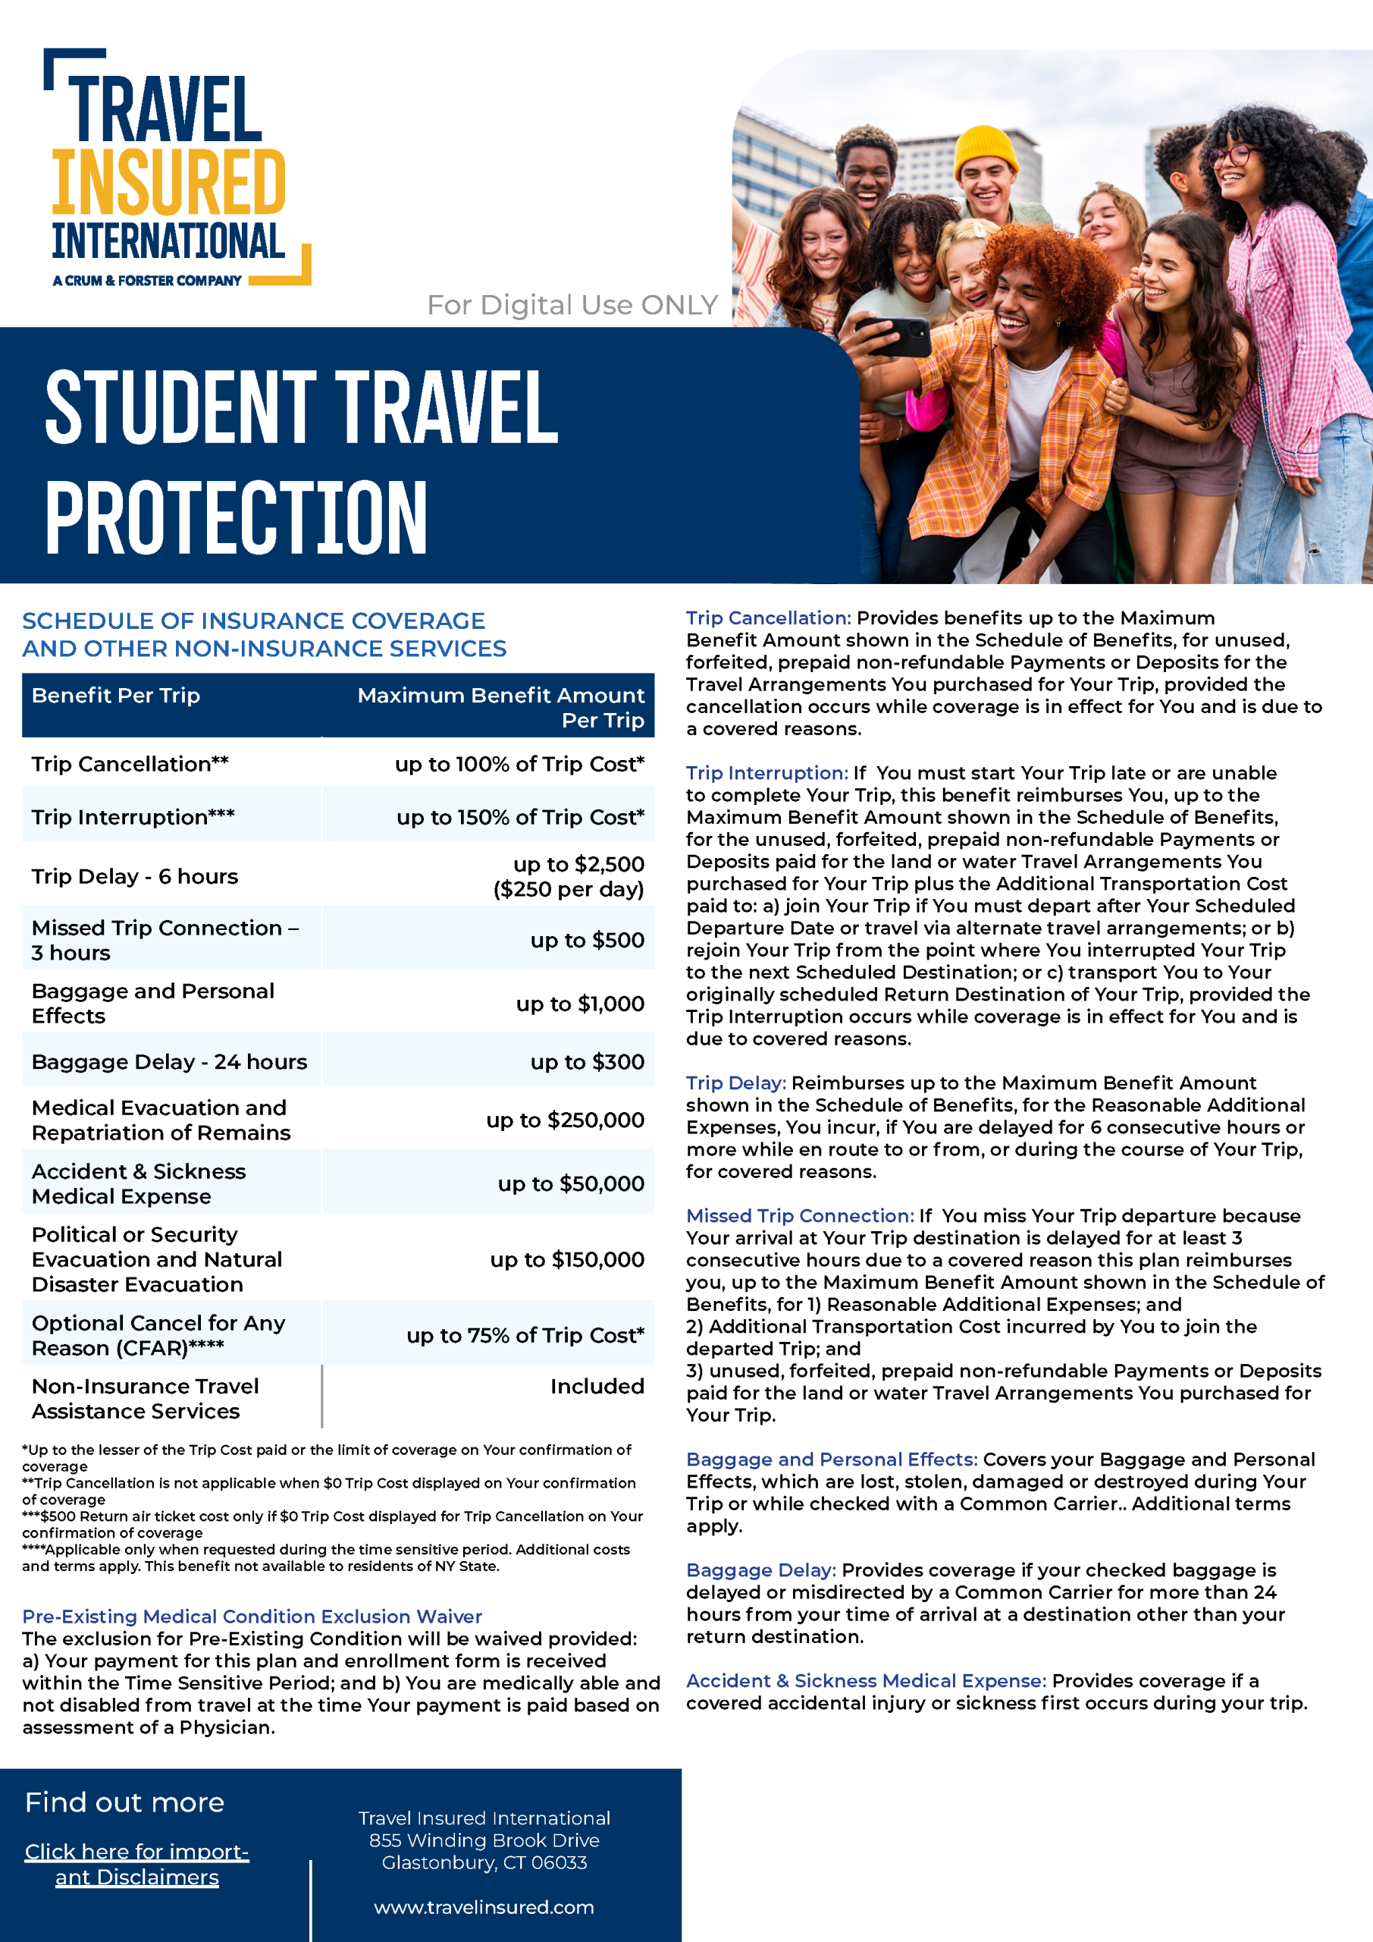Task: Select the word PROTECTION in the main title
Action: [237, 517]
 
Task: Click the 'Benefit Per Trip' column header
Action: [116, 696]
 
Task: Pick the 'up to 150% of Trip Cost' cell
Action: [520, 817]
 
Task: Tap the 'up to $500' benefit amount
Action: [587, 940]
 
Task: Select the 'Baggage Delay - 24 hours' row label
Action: [169, 1061]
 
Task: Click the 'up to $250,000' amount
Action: [565, 1120]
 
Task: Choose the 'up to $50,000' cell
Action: [571, 1183]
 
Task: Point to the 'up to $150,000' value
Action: [566, 1259]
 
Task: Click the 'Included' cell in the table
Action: [597, 1386]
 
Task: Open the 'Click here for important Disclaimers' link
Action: [137, 1864]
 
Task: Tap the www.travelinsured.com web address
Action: [484, 1907]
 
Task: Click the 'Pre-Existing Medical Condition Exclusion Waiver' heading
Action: [252, 1617]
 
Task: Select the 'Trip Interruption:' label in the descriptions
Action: [766, 773]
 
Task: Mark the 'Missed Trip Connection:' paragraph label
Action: [800, 1215]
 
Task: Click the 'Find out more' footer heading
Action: [124, 1802]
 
